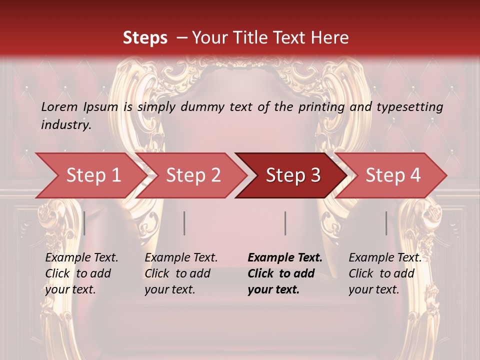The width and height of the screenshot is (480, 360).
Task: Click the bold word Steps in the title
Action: [x=145, y=38]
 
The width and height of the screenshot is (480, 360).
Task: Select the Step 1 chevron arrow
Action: [x=90, y=175]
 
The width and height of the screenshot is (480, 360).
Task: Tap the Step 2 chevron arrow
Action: [x=192, y=175]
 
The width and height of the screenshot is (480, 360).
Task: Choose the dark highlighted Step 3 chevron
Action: [x=292, y=175]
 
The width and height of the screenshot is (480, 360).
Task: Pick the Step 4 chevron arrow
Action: [x=392, y=175]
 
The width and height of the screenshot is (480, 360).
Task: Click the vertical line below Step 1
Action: [x=84, y=223]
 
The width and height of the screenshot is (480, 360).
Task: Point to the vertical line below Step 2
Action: [x=184, y=223]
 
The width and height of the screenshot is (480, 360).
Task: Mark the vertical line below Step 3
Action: [x=285, y=223]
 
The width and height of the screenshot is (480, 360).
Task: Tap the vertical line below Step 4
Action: [x=386, y=223]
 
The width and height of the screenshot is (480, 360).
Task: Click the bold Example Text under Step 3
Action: [x=285, y=258]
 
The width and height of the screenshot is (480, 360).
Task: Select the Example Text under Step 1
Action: [x=81, y=258]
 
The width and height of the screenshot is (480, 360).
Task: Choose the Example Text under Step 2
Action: [x=181, y=258]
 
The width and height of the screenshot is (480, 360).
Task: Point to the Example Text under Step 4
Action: [x=385, y=258]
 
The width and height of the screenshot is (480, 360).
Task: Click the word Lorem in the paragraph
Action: [x=59, y=107]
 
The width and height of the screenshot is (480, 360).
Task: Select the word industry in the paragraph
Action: [x=66, y=125]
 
